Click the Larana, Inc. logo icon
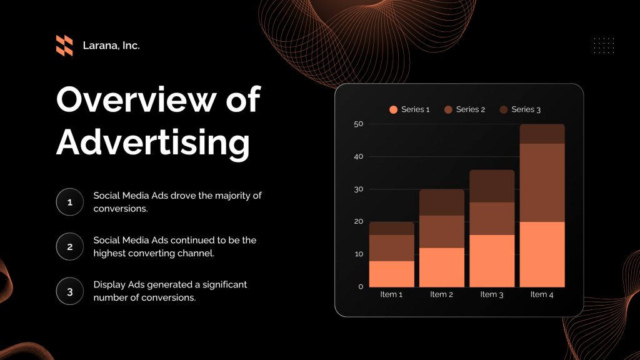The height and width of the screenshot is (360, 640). click(x=64, y=46)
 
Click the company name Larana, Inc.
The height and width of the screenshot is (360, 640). click(x=111, y=46)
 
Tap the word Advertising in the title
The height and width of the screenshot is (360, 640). click(x=153, y=142)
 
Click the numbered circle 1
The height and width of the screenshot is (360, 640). click(x=69, y=202)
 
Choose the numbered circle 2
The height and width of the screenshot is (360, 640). click(x=69, y=246)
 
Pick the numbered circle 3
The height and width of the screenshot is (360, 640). click(x=69, y=291)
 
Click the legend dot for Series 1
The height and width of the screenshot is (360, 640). click(x=393, y=109)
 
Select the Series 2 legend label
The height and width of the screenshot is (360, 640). click(x=471, y=109)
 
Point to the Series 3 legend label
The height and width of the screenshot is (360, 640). click(x=526, y=109)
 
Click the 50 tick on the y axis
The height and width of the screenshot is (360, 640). click(x=358, y=124)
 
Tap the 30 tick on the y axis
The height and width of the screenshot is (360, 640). click(x=358, y=189)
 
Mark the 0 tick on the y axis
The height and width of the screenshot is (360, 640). click(x=361, y=286)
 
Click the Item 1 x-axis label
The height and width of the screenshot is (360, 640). click(x=392, y=294)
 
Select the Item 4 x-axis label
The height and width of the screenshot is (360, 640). click(x=542, y=294)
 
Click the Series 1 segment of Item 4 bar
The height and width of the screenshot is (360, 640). click(x=542, y=254)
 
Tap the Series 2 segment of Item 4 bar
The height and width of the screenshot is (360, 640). click(x=542, y=182)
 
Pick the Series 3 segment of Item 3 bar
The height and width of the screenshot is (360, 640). click(x=492, y=186)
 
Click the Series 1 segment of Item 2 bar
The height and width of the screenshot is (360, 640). click(x=442, y=267)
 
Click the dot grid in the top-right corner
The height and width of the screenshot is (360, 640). click(x=604, y=46)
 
